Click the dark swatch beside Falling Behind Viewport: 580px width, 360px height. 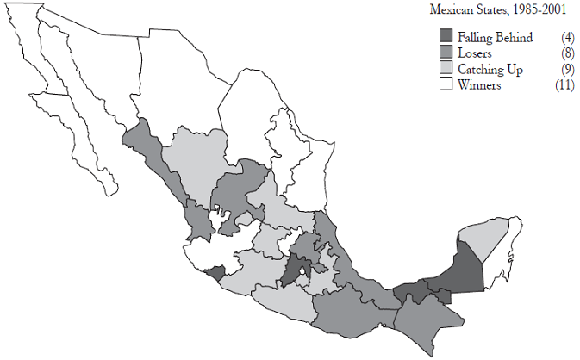(x=446, y=37)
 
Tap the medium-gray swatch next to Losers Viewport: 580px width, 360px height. (x=446, y=53)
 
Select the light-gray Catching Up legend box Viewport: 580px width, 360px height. (x=446, y=68)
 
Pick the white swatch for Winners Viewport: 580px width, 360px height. (x=446, y=84)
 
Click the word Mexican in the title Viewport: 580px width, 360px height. (x=453, y=10)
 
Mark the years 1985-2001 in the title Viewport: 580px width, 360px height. (x=542, y=10)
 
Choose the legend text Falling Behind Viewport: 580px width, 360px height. (x=495, y=37)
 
